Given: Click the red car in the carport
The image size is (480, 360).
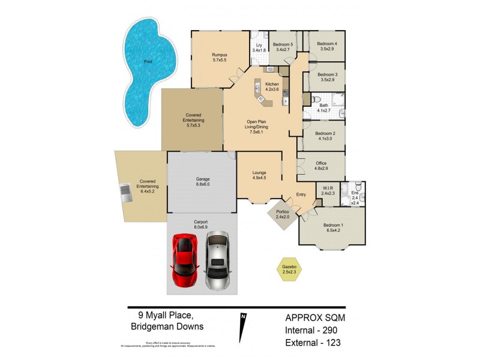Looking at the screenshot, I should click(x=185, y=260).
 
